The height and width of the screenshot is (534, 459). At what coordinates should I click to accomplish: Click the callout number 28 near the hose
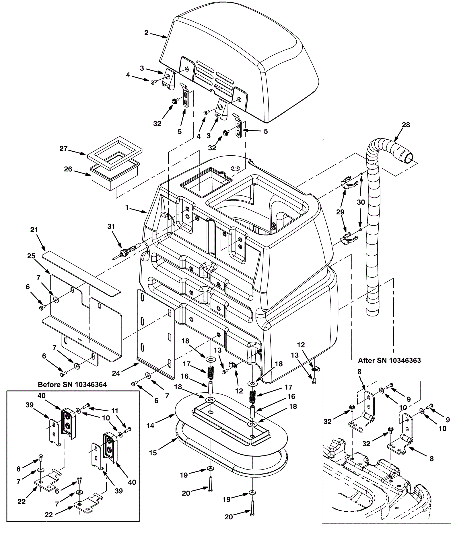(406, 125)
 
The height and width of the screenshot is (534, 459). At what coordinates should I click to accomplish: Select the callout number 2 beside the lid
(146, 33)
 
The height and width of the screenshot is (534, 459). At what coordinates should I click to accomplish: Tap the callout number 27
(63, 148)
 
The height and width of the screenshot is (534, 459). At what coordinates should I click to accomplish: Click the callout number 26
(68, 169)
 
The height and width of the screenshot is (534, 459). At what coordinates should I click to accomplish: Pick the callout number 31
(111, 227)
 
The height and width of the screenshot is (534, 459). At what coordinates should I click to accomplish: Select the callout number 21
(34, 230)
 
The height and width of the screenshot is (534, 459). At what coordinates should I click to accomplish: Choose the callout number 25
(31, 256)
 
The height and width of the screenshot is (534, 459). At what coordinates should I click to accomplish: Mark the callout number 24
(116, 373)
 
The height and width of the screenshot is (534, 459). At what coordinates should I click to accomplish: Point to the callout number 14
(150, 426)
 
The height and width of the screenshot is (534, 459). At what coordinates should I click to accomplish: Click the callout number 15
(153, 453)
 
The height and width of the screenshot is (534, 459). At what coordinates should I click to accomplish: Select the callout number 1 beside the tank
(127, 207)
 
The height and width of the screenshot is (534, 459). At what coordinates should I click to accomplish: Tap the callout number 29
(340, 212)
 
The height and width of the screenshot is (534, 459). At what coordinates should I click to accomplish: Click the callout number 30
(361, 202)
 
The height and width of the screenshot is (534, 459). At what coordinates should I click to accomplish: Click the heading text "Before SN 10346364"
(72, 385)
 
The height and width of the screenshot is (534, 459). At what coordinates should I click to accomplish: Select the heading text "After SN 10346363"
(389, 361)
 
